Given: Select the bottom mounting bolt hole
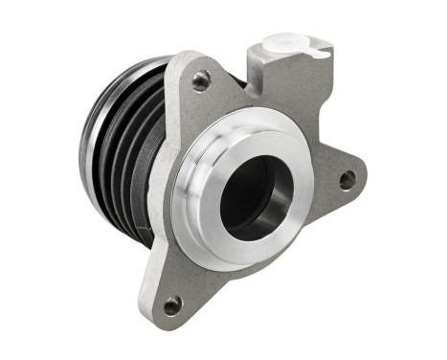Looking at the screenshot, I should pos(172,306).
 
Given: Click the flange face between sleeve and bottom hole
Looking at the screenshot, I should pos(191,273).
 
